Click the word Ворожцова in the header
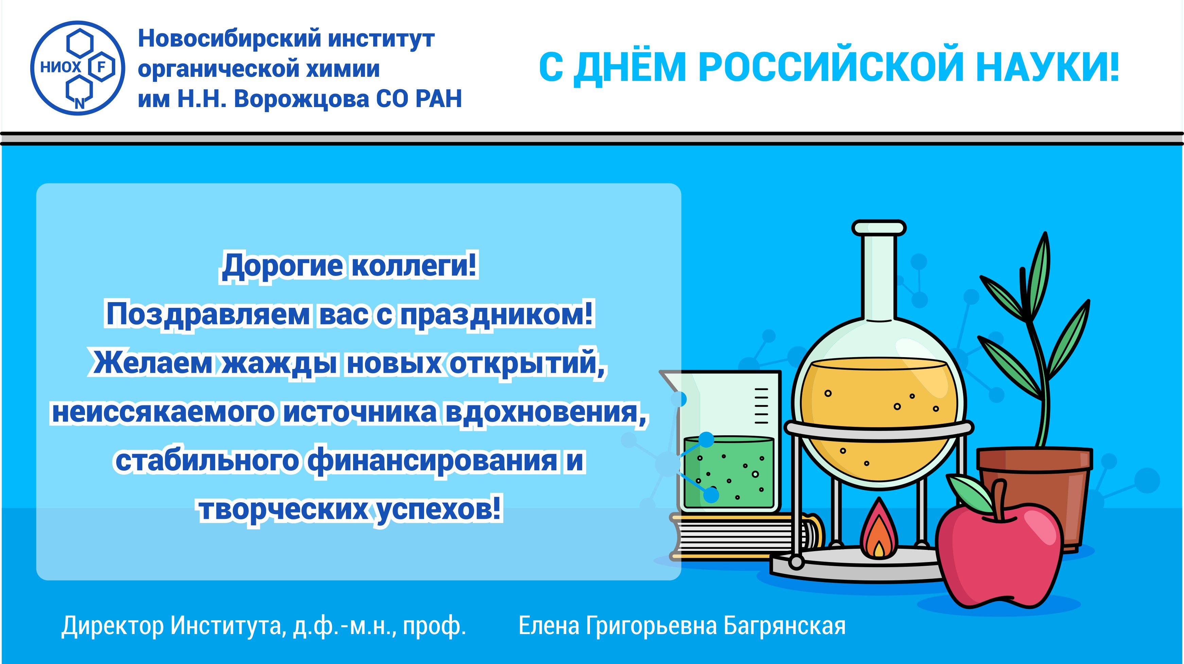pyautogui.click(x=301, y=100)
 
